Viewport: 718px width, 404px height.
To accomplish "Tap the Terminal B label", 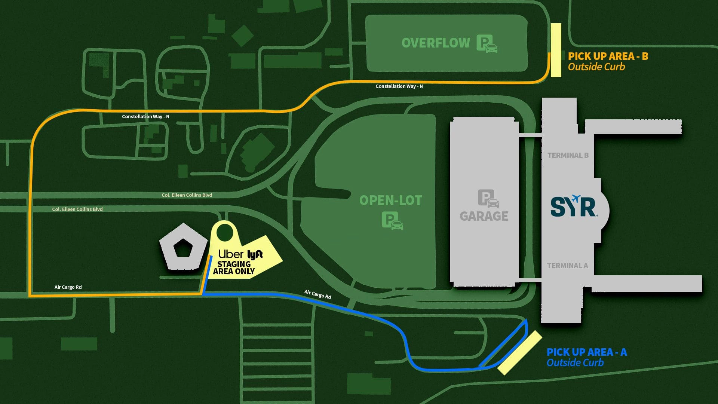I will point(568,155).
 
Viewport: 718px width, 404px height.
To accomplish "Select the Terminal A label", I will point(567,266).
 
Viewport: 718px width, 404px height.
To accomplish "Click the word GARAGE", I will point(484,216).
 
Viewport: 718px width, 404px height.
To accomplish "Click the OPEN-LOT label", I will point(390,201).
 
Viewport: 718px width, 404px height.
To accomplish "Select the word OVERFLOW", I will point(436,43).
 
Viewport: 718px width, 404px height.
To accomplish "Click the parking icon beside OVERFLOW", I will point(487,44).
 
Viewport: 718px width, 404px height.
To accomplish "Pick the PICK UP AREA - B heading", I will point(608,56).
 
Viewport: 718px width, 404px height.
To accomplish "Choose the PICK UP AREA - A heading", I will point(586,352).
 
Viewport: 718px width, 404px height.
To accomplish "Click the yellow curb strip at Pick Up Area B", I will point(556,50).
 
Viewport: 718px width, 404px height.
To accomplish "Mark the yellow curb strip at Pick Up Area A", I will point(520,352).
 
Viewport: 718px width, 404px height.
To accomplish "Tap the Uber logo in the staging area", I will point(231,254).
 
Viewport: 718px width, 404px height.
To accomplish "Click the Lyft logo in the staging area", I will point(255,255).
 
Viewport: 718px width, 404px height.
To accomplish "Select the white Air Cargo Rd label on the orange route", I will point(68,287).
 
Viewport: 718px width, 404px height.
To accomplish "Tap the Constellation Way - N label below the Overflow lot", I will point(399,86).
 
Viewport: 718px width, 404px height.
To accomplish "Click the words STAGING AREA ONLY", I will point(234,268).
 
